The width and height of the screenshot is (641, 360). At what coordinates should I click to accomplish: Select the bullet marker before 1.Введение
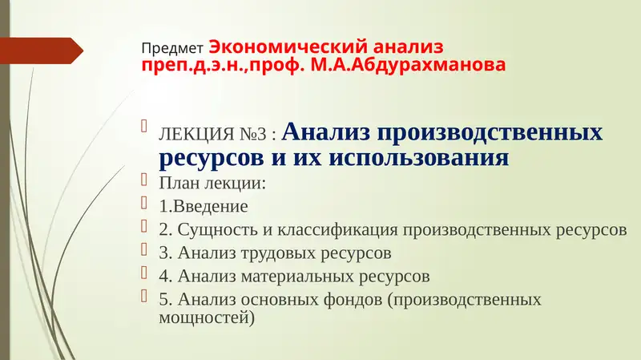coord(145,201)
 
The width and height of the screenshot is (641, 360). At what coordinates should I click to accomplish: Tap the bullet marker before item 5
coord(145,296)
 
